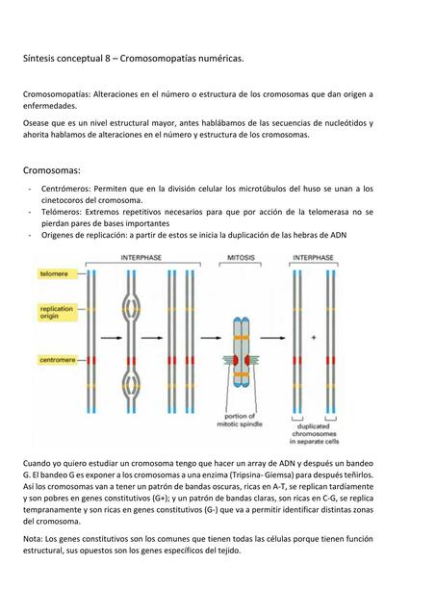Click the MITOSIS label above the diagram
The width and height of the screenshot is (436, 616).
pos(241,259)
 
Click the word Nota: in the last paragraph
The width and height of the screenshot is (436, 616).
pos(35,539)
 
